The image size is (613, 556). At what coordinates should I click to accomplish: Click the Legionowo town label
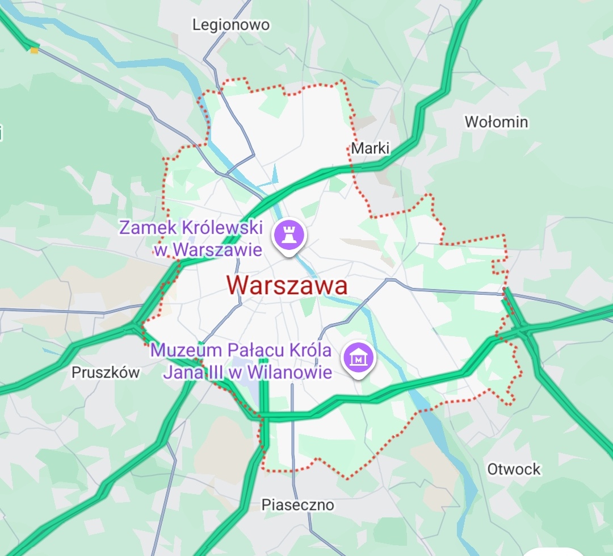[231, 25]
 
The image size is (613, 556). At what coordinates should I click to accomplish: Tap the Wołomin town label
[496, 122]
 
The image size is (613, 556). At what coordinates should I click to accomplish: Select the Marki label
[370, 149]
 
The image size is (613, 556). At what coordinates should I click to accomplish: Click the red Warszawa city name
[287, 285]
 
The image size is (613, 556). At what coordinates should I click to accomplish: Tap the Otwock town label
[514, 470]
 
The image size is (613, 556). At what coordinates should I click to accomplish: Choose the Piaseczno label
[297, 505]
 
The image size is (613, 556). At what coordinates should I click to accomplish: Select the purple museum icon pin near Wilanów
[359, 358]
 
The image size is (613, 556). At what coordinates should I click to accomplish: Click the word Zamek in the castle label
[149, 228]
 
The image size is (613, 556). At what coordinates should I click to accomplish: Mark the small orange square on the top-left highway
[35, 51]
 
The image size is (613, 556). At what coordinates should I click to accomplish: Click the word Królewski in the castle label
[223, 228]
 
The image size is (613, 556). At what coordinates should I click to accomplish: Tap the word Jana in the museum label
[180, 373]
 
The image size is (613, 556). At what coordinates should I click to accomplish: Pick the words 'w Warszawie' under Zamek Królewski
[208, 249]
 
